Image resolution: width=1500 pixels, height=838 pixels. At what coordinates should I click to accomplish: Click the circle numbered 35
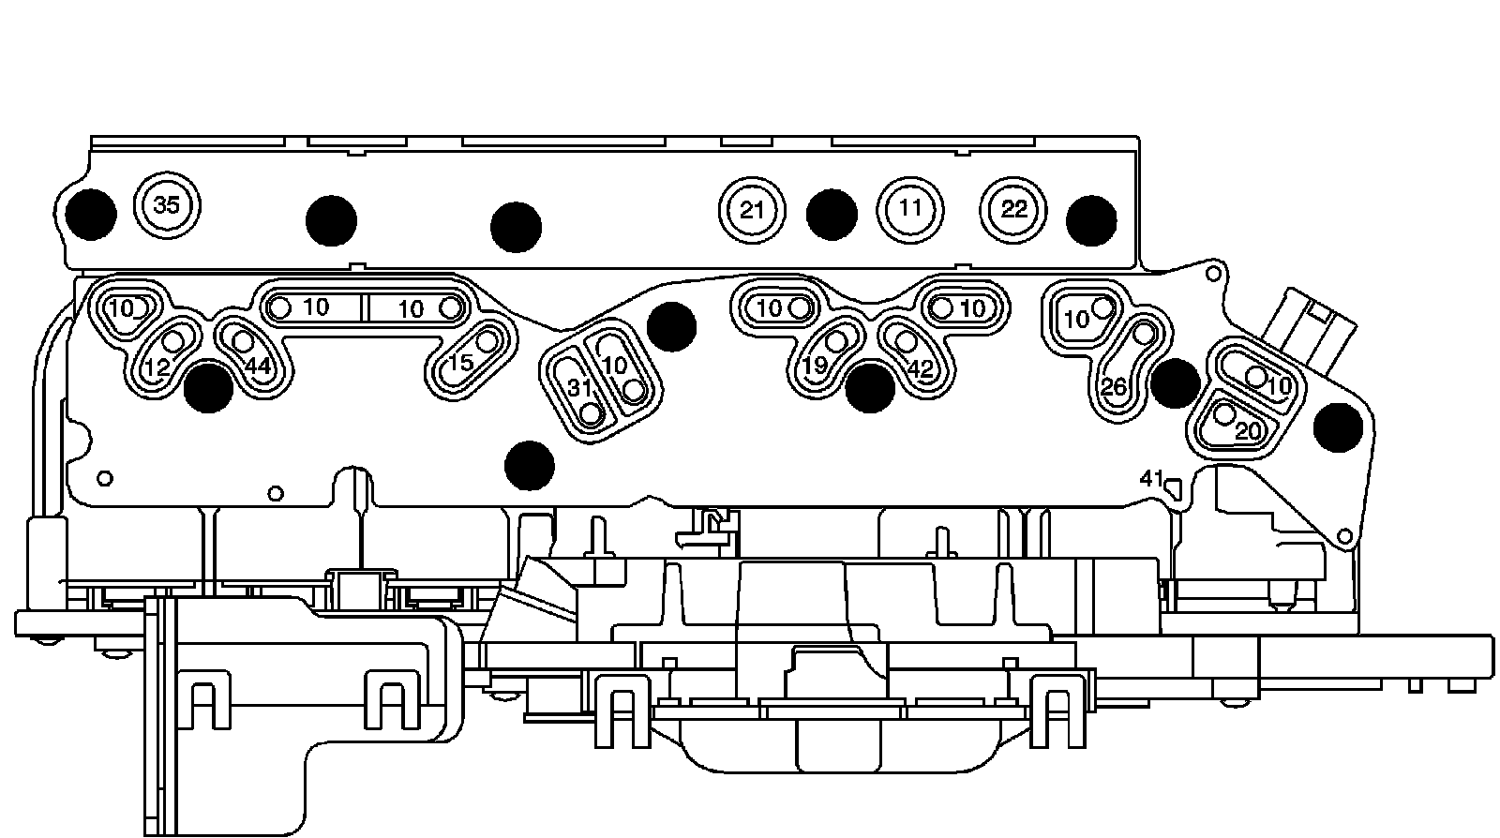(166, 205)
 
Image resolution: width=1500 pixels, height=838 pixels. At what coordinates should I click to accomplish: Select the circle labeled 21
(752, 210)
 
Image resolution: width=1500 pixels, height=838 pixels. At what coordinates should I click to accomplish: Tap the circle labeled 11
(909, 208)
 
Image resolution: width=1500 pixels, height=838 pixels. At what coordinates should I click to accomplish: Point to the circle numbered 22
(1014, 209)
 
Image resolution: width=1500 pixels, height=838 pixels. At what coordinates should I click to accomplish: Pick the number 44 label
(258, 366)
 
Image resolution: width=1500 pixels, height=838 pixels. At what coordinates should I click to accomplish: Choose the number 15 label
(460, 362)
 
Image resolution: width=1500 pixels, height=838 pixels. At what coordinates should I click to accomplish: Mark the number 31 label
(579, 387)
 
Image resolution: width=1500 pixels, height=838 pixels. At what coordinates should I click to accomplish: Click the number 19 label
(814, 366)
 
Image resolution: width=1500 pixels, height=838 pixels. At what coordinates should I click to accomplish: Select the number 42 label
(921, 369)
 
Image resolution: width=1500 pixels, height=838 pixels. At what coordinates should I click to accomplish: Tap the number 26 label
(1114, 386)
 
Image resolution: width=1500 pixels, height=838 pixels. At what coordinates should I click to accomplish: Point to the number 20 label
(1248, 431)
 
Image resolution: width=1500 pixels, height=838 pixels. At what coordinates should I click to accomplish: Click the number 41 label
(1151, 478)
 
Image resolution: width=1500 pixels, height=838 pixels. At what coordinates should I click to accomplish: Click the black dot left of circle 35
(92, 214)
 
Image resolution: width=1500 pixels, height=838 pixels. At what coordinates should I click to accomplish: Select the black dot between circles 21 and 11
(832, 214)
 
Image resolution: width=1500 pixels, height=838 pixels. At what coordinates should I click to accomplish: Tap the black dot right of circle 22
(1091, 220)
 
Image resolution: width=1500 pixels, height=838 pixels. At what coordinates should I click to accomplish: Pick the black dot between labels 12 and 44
(208, 387)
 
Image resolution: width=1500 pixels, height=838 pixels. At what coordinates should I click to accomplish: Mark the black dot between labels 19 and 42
(869, 387)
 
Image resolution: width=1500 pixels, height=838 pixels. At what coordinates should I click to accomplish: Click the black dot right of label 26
(1175, 382)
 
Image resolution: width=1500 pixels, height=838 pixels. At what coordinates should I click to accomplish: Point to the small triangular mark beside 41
(1173, 486)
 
